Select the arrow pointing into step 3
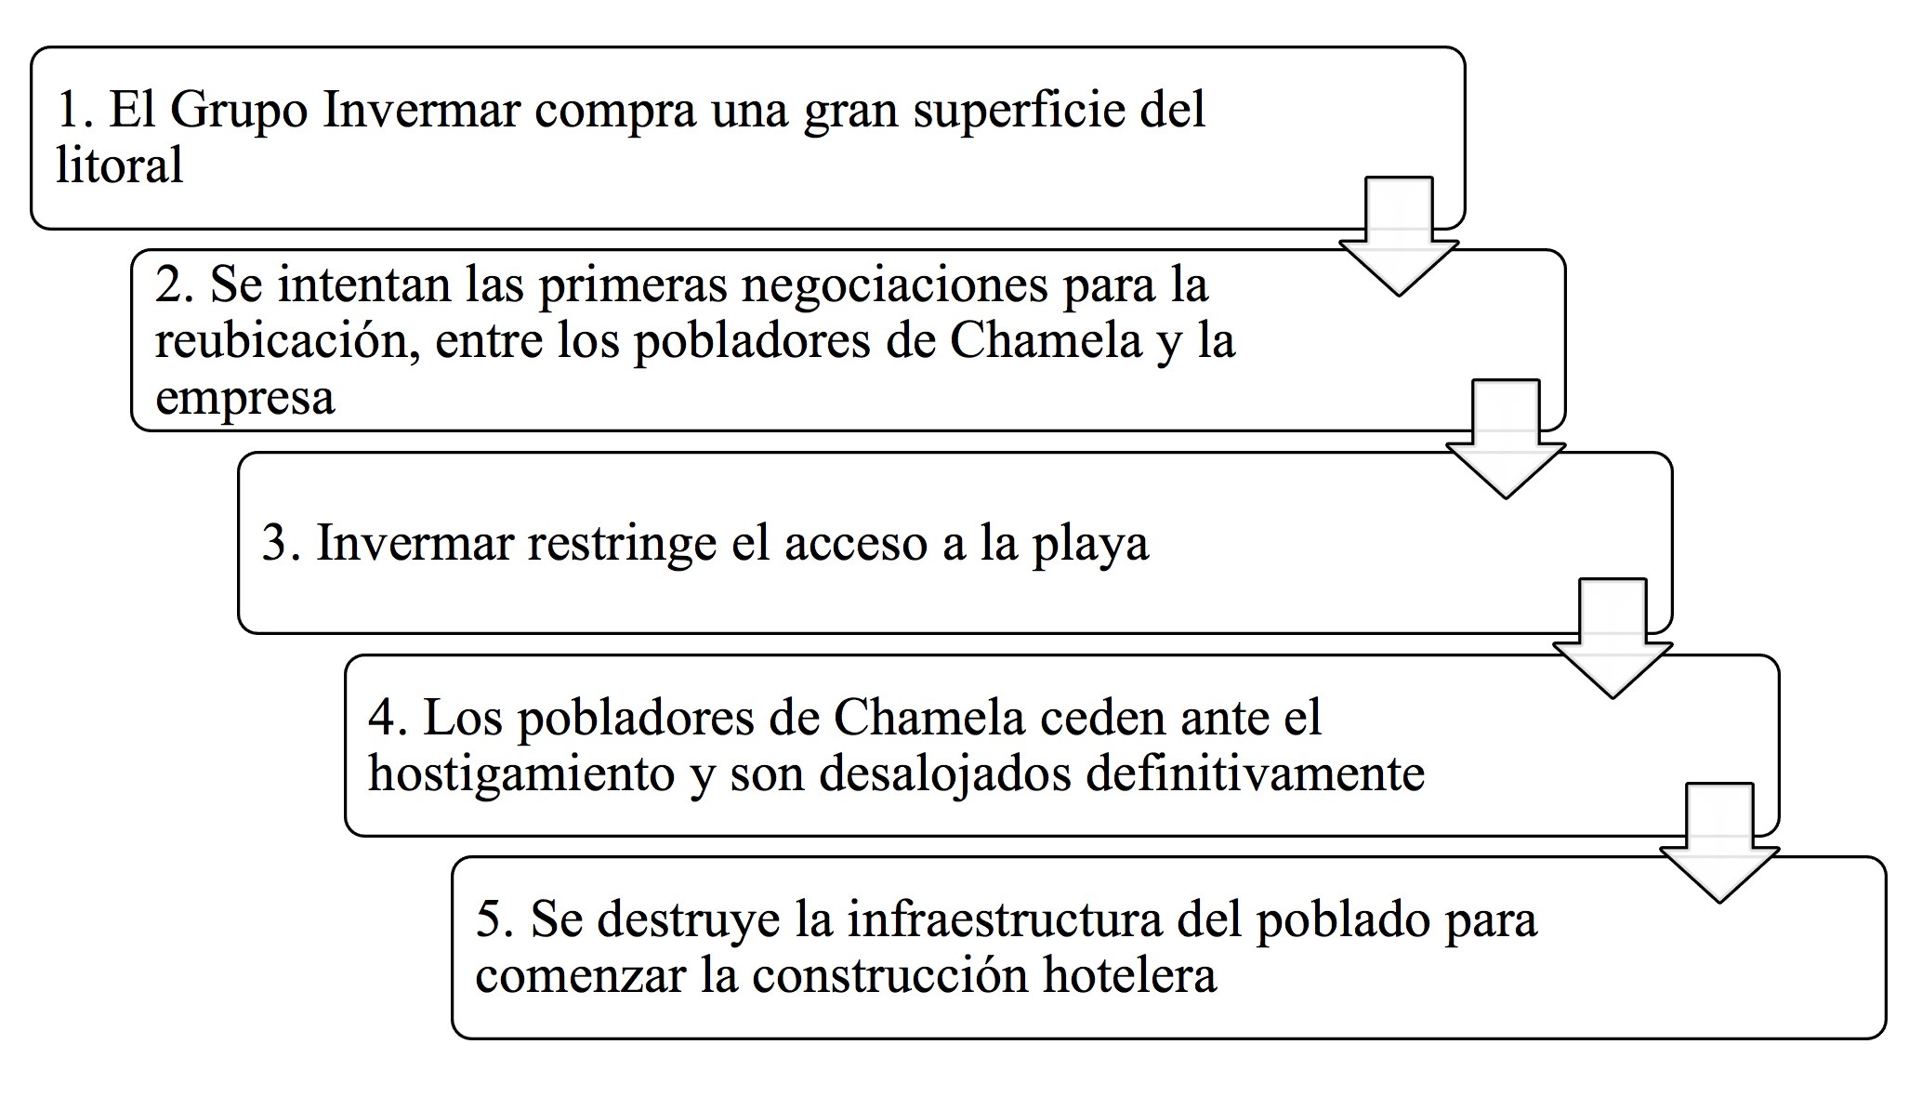(1506, 442)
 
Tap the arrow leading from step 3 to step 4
(1613, 641)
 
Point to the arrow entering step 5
(1719, 846)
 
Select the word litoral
(119, 165)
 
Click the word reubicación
(283, 340)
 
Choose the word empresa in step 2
(244, 398)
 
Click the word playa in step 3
(1090, 545)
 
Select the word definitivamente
(1255, 773)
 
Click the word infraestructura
(1005, 919)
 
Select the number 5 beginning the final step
(489, 919)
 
